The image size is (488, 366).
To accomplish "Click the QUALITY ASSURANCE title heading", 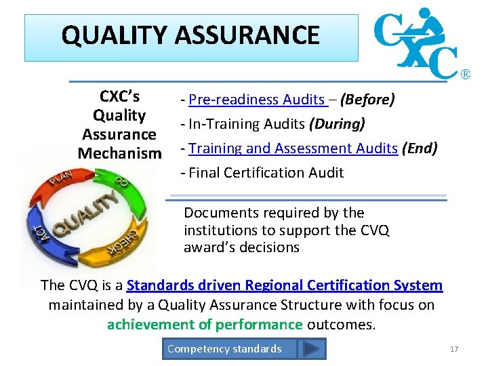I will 190,35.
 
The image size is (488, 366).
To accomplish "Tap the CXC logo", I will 417,44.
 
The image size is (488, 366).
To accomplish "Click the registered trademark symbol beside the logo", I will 466,74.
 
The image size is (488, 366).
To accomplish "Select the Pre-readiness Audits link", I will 257,100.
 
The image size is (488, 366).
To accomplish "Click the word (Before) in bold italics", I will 367,100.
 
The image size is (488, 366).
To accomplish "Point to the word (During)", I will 337,124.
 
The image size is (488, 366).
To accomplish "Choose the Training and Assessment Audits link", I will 293,148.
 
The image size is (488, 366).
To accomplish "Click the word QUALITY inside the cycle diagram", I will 84,216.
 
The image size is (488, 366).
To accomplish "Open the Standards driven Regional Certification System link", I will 285,286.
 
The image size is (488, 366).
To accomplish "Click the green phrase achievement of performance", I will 205,325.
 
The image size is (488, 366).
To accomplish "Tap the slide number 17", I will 454,349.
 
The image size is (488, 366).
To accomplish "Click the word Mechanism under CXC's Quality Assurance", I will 120,154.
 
